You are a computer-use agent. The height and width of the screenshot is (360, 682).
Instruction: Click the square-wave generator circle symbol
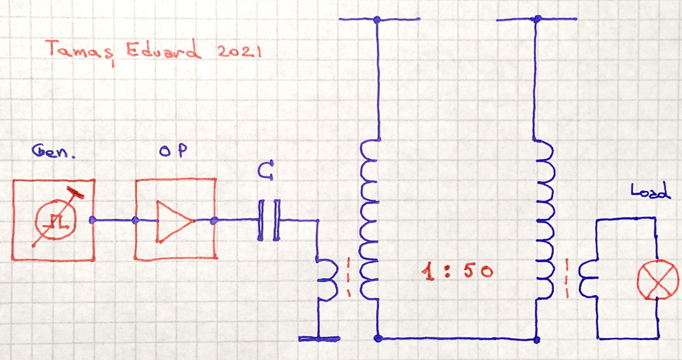(53, 220)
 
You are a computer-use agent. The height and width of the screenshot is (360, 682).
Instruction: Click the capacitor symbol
(268, 220)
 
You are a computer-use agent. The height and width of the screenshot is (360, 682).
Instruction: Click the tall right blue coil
(546, 220)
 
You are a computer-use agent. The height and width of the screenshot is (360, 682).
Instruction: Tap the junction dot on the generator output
(93, 220)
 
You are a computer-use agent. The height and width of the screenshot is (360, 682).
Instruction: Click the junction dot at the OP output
(214, 220)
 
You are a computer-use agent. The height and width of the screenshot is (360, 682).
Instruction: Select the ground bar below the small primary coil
(319, 338)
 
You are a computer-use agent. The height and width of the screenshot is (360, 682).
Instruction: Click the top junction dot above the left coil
(377, 20)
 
